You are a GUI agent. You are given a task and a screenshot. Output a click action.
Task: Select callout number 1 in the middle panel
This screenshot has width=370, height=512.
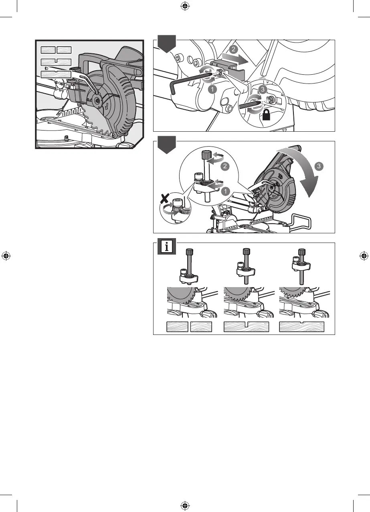tap(225, 192)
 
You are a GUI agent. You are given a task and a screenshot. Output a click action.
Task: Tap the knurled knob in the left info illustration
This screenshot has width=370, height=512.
tap(188, 255)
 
